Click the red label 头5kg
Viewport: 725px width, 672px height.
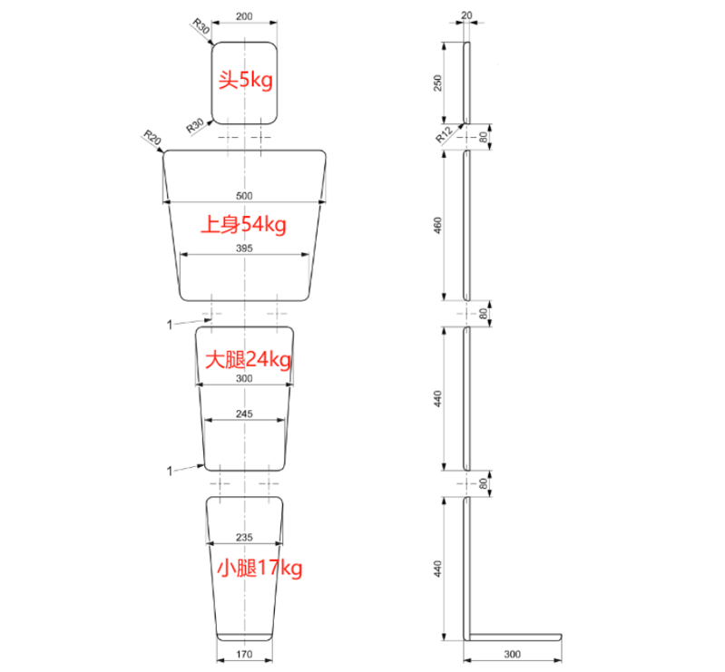tap(246, 81)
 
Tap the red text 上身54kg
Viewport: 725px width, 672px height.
tap(244, 224)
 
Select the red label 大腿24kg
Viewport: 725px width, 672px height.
tap(249, 359)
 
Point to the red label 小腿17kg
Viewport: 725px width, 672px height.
tap(260, 568)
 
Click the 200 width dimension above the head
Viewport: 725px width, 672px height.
tap(244, 16)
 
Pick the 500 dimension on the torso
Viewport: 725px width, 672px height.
tap(244, 196)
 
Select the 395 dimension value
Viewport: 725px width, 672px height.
tap(244, 248)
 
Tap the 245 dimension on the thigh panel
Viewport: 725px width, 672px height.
tap(244, 414)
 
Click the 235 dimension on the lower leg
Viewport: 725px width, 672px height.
tap(244, 538)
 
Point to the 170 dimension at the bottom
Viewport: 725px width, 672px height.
tap(244, 654)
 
